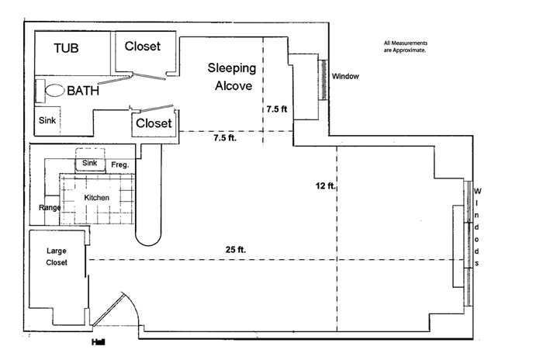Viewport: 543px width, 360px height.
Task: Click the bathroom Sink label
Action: click(47, 120)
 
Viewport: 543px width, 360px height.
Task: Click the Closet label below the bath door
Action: click(154, 123)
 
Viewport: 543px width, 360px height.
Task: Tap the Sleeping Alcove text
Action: click(232, 77)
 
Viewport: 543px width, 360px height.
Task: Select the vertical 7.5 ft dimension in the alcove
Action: click(277, 109)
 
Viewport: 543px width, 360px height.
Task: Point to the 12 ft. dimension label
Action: click(325, 186)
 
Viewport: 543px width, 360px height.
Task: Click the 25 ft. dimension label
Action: click(236, 250)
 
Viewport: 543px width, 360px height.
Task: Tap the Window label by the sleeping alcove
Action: click(345, 77)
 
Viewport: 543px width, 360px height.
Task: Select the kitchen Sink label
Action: click(89, 163)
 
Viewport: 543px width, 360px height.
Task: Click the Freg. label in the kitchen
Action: click(119, 164)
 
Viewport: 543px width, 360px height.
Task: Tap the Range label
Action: click(50, 208)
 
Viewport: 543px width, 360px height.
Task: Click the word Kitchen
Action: click(97, 198)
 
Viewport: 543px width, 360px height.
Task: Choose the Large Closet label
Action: click(57, 257)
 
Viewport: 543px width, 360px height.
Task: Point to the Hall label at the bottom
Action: click(98, 342)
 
